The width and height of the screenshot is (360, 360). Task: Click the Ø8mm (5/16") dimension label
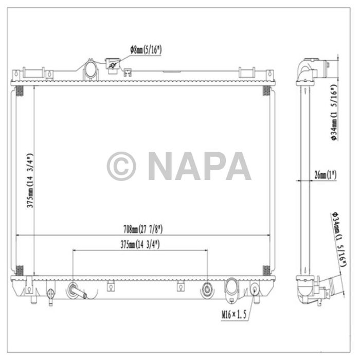point(148,50)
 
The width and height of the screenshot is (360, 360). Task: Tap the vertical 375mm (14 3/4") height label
point(31,180)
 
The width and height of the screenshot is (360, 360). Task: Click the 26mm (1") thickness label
point(325,175)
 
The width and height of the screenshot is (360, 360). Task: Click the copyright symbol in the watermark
point(121,166)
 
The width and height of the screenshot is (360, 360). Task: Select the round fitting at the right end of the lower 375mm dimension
point(207,288)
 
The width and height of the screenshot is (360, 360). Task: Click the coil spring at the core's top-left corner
point(20,91)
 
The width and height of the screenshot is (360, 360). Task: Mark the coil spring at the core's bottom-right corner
point(266,269)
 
